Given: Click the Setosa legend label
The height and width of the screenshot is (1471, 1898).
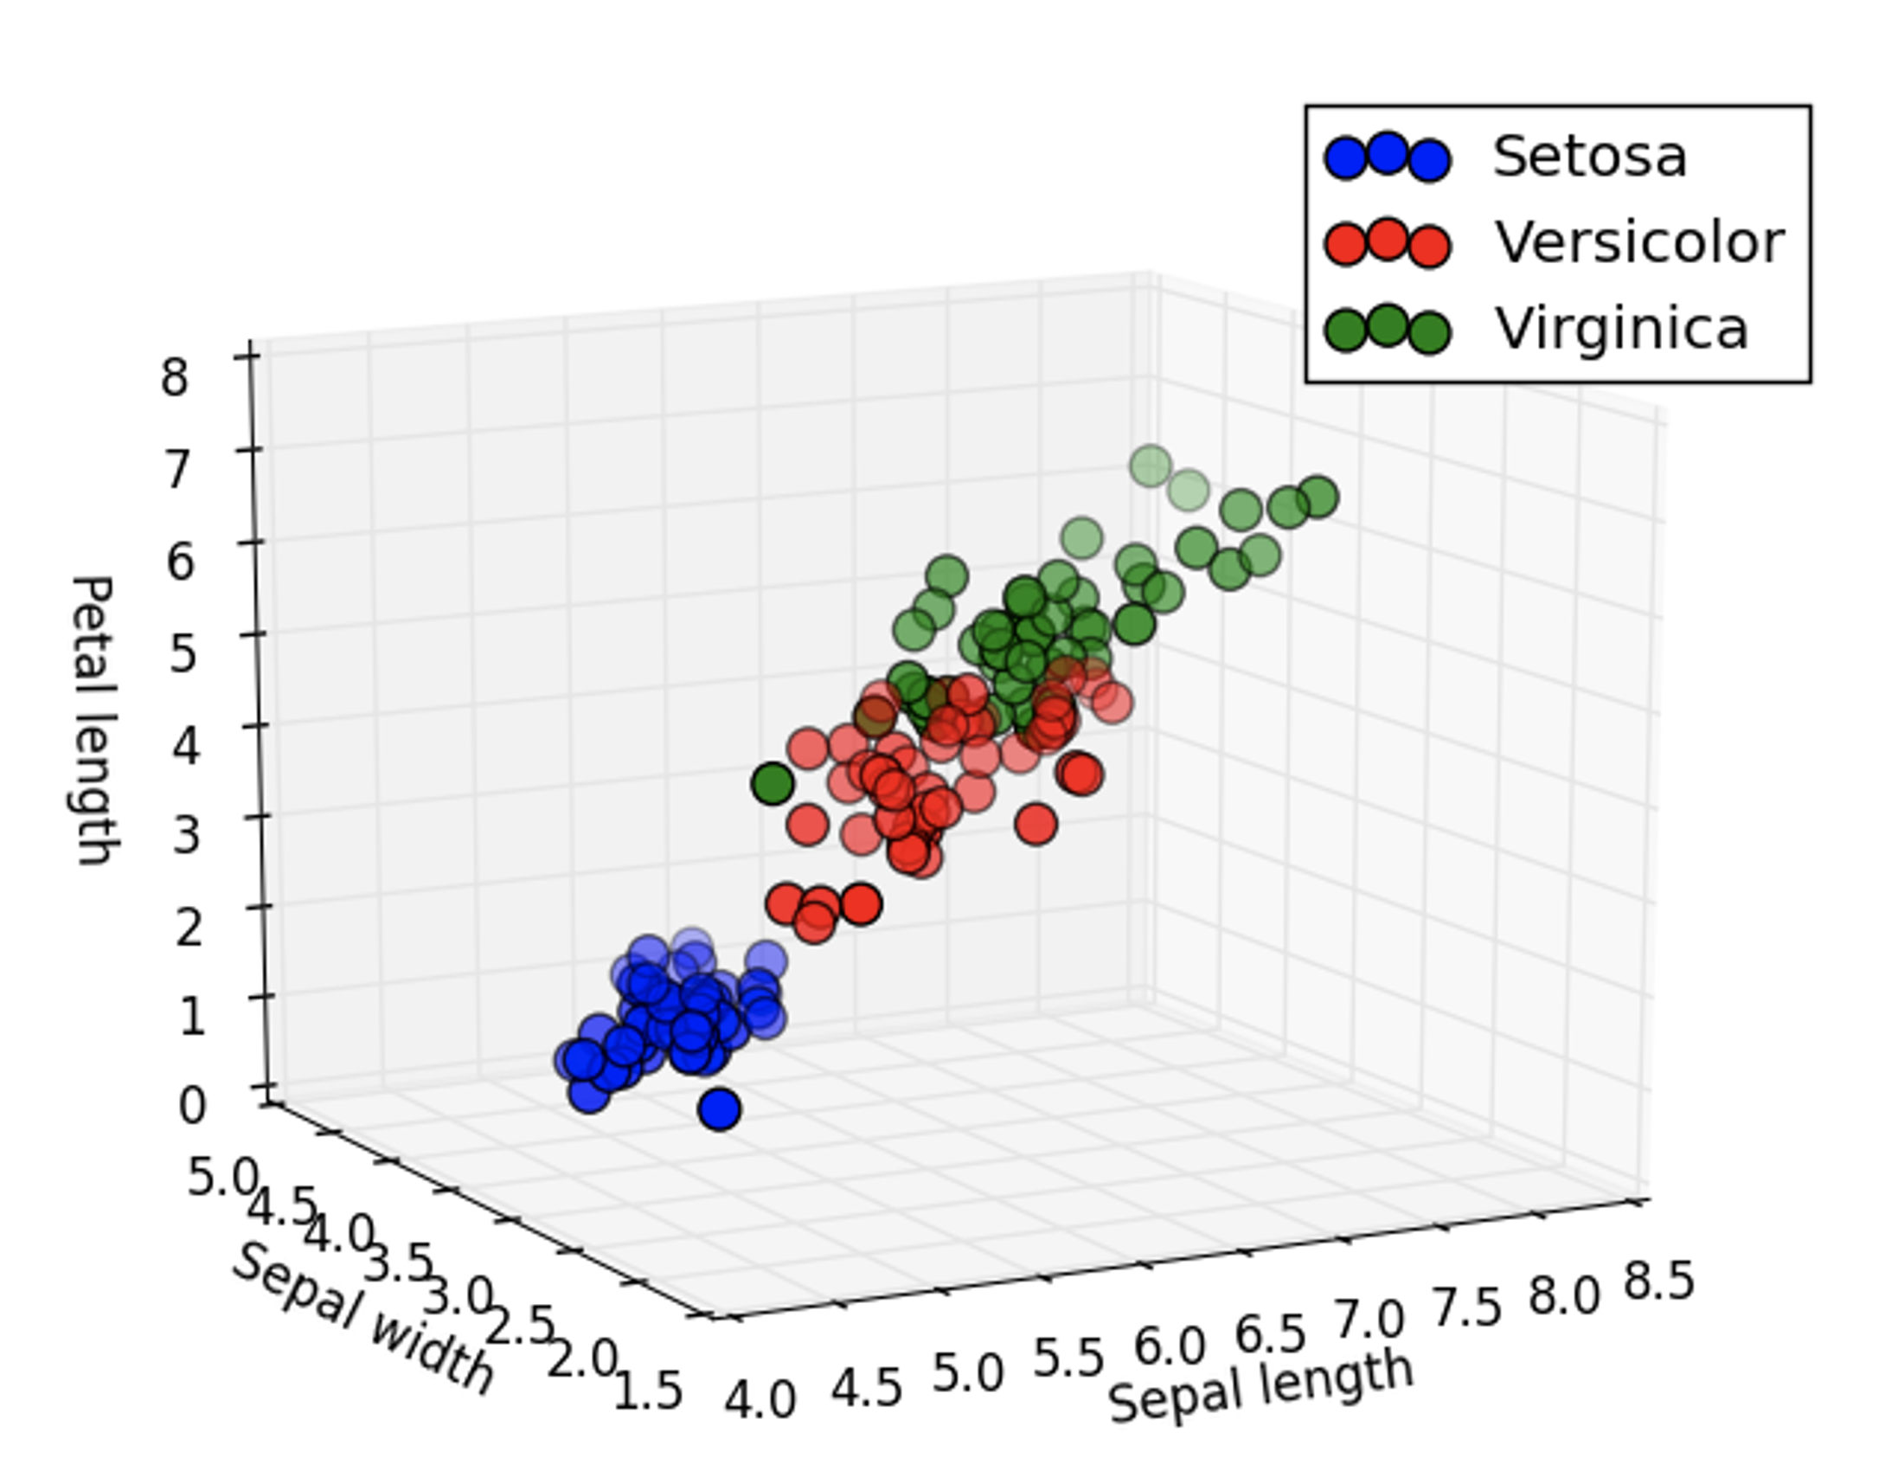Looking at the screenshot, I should click(x=1589, y=157).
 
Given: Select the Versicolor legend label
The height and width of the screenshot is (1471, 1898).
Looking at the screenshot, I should click(x=1638, y=242).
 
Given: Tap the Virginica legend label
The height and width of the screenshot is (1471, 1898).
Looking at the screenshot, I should click(x=1621, y=329).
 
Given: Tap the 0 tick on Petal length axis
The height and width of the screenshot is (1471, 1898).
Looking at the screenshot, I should click(x=191, y=1106).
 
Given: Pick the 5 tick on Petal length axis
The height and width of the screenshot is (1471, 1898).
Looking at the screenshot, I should click(x=182, y=653).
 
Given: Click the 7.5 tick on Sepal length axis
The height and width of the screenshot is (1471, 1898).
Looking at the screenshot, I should click(x=1466, y=1307).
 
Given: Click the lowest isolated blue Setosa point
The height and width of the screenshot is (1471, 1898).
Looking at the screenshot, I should click(x=719, y=1109).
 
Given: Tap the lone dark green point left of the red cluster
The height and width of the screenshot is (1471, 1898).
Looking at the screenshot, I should click(x=772, y=783).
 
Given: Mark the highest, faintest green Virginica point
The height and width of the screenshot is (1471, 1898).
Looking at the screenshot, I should click(x=1151, y=466).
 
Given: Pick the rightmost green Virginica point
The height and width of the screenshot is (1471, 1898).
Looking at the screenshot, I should click(x=1318, y=498).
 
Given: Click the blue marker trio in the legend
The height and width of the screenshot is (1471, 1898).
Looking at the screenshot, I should click(x=1387, y=157).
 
